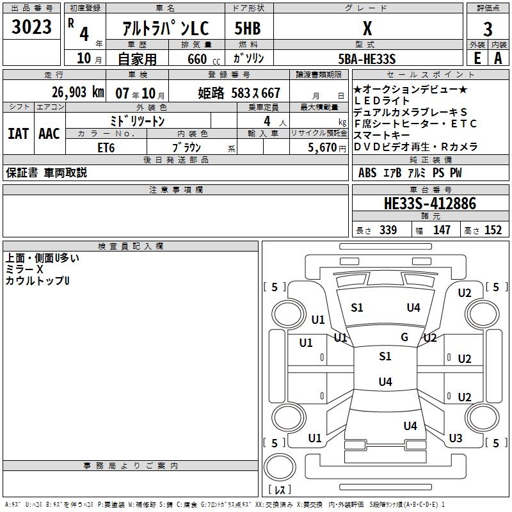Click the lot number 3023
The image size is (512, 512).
pos(31,27)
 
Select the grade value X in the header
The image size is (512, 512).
pos(367,28)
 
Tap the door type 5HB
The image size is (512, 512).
pos(248,28)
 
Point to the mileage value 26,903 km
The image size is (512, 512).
pos(78,92)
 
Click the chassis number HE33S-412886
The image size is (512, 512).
pos(430,204)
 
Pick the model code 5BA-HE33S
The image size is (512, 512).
pos(367,59)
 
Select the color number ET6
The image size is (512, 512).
pos(106,148)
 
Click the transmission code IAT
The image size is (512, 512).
pos(19,134)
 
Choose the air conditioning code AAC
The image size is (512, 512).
pos(49,134)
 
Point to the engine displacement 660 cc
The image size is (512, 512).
pos(204,60)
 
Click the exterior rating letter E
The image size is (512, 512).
pos(477,58)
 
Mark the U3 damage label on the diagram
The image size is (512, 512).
pos(456,438)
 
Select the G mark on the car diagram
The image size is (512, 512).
pos(404,337)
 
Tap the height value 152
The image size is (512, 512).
pos(493,230)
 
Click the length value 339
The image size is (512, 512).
pos(388,230)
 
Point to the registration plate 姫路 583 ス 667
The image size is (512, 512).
pos(239,93)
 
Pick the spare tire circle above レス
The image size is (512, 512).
pos(280,467)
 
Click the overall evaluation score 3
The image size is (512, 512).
pos(488,29)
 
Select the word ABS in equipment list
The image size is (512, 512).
pos(367,173)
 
